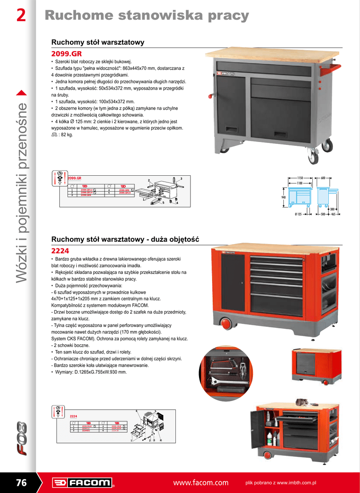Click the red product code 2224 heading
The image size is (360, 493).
click(x=60, y=250)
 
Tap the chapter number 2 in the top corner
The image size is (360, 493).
click(x=21, y=16)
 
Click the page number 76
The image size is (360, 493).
click(x=21, y=482)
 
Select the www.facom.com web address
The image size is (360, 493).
click(x=200, y=483)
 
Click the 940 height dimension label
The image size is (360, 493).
click(x=284, y=197)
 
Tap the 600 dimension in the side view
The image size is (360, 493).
click(x=323, y=178)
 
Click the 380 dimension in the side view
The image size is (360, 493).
click(x=332, y=208)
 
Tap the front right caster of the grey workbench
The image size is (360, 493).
click(x=313, y=156)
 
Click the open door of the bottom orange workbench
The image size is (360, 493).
click(x=258, y=428)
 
